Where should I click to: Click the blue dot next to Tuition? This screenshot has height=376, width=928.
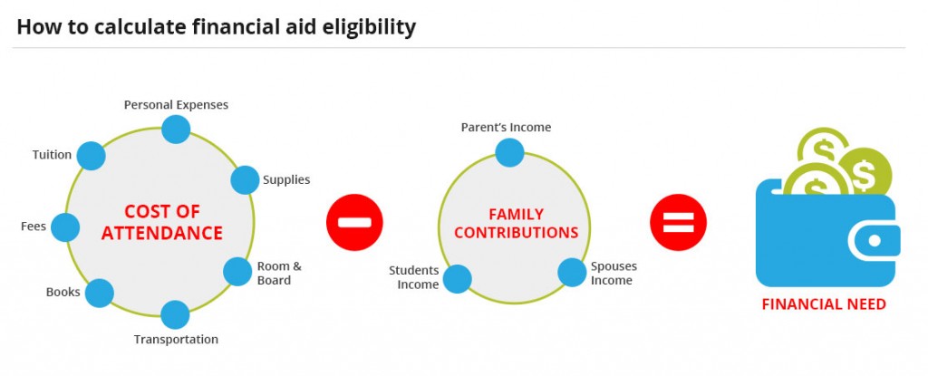point(91,156)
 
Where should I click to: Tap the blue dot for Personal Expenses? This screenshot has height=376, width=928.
point(175,129)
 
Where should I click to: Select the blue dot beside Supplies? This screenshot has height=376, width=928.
point(245,179)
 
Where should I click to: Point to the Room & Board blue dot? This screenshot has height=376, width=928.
point(237,272)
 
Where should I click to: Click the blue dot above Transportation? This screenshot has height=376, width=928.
point(175,314)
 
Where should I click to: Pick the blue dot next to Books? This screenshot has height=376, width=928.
point(99,293)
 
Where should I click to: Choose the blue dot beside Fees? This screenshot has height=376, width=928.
point(64,227)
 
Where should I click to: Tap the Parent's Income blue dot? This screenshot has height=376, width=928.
point(509,152)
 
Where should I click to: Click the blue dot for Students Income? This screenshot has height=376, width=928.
point(457,278)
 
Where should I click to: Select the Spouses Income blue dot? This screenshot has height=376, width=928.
point(572,272)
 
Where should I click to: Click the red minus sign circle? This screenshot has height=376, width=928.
point(354,222)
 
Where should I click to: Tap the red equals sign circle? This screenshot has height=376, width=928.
point(678,222)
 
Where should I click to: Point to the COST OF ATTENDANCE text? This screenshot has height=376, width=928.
point(161,223)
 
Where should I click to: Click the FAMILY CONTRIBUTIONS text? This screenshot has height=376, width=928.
point(516,224)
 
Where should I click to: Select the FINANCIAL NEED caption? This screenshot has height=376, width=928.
point(823,304)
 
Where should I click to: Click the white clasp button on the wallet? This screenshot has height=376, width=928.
point(875,241)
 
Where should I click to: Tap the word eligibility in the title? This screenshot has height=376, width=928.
point(363,27)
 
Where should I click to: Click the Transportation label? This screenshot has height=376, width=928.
point(176,340)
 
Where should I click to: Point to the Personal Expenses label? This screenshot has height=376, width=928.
point(176,104)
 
